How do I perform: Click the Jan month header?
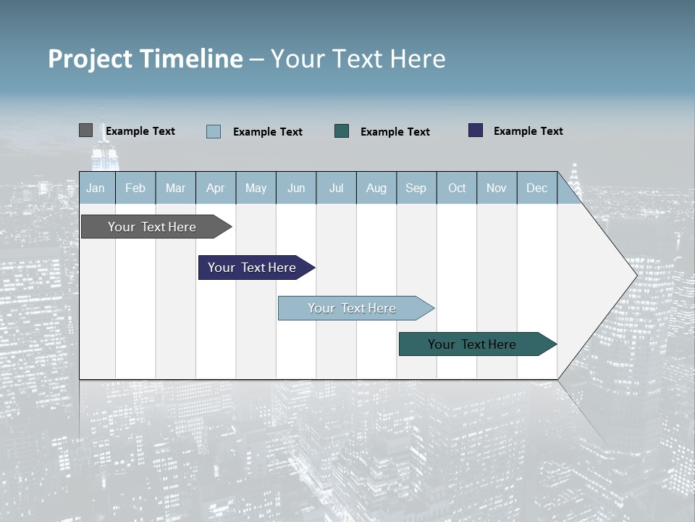tap(96, 188)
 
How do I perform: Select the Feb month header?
tap(135, 188)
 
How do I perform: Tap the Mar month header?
tap(175, 188)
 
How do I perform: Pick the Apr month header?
tap(216, 188)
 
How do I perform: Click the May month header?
tap(256, 188)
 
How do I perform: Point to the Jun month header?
tap(296, 188)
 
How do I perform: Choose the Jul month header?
tap(336, 188)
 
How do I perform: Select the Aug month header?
tap(376, 188)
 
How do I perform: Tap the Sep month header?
tap(416, 188)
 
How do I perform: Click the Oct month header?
tap(457, 188)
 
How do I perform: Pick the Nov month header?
tap(497, 188)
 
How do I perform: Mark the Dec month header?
tap(537, 188)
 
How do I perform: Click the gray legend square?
tap(85, 130)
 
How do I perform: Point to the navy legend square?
tap(476, 130)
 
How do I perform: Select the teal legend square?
tap(342, 130)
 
